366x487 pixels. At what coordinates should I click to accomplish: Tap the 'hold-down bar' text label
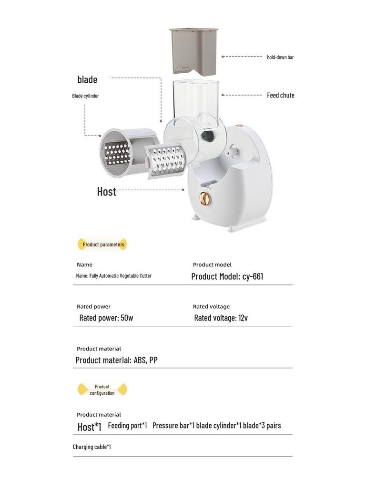pyautogui.click(x=280, y=57)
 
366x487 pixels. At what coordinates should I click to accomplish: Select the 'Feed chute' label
pyautogui.click(x=280, y=95)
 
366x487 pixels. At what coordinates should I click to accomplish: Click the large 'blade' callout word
pyautogui.click(x=87, y=79)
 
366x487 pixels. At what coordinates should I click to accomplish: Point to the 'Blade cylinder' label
pyautogui.click(x=86, y=96)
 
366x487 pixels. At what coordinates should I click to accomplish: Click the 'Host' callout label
pyautogui.click(x=106, y=191)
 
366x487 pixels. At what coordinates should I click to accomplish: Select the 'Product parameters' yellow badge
pyautogui.click(x=103, y=244)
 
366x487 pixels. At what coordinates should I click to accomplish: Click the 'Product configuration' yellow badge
pyautogui.click(x=102, y=390)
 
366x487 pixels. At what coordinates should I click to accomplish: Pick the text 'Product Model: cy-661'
pyautogui.click(x=227, y=276)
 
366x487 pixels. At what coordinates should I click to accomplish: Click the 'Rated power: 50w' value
pyautogui.click(x=106, y=318)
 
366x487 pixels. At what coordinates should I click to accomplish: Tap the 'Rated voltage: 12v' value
pyautogui.click(x=221, y=318)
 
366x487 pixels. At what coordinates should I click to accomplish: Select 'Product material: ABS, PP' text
pyautogui.click(x=116, y=360)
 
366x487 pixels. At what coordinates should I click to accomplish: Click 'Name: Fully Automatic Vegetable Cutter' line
pyautogui.click(x=114, y=276)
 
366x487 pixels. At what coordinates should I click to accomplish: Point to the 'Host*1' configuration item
pyautogui.click(x=90, y=427)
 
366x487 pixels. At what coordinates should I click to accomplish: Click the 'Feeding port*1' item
pyautogui.click(x=127, y=425)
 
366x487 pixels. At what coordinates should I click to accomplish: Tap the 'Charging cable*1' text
pyautogui.click(x=92, y=447)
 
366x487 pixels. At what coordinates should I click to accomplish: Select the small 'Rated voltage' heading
pyautogui.click(x=211, y=307)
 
